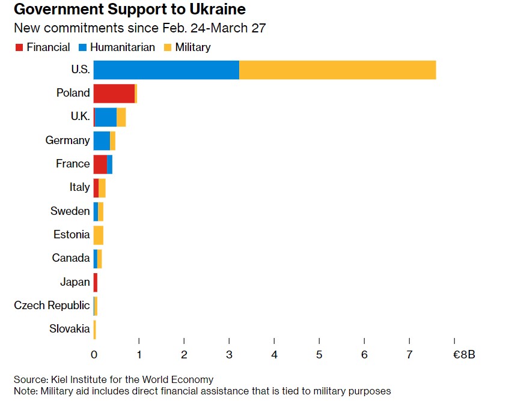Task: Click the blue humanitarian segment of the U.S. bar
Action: [166, 70]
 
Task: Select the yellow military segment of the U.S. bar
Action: [337, 70]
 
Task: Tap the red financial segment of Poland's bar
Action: [114, 93]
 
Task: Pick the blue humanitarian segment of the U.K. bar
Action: [106, 117]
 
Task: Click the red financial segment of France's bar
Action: [100, 164]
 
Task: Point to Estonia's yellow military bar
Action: [99, 235]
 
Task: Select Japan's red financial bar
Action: [96, 282]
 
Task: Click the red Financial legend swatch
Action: [19, 47]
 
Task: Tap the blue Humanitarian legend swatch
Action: [82, 47]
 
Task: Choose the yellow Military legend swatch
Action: [168, 47]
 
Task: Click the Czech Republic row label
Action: [52, 306]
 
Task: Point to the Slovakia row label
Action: [70, 329]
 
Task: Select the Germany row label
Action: [67, 140]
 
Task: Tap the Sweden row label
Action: [70, 211]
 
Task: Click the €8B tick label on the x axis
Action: [463, 355]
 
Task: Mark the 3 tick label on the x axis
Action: [229, 355]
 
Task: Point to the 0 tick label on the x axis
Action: [94, 355]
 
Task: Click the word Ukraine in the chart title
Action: [216, 10]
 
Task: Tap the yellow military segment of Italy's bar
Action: [102, 188]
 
